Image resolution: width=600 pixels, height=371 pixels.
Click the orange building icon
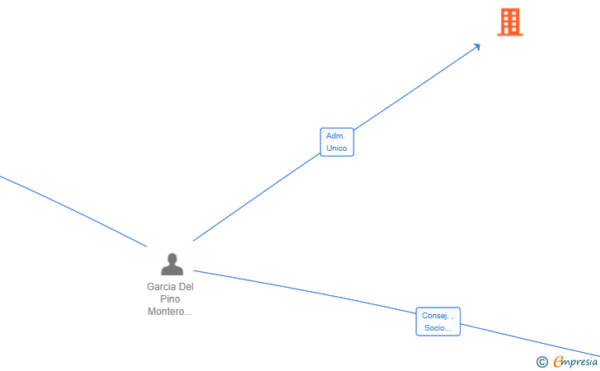pyautogui.click(x=510, y=22)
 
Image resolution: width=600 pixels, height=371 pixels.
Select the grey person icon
pyautogui.click(x=172, y=265)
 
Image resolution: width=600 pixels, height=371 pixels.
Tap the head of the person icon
pyautogui.click(x=172, y=258)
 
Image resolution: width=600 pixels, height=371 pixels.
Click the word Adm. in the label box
pyautogui.click(x=335, y=135)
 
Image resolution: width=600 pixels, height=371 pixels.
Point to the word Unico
pyautogui.click(x=336, y=148)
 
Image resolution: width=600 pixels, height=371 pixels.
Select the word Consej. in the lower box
pyautogui.click(x=437, y=315)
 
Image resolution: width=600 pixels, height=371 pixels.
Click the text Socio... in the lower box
pyautogui.click(x=438, y=328)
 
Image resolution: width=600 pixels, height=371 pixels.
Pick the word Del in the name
pyautogui.click(x=186, y=287)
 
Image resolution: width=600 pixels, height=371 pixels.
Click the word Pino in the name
pyautogui.click(x=170, y=299)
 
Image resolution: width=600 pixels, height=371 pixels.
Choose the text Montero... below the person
pyautogui.click(x=170, y=312)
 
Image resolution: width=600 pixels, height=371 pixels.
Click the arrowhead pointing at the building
pyautogui.click(x=476, y=47)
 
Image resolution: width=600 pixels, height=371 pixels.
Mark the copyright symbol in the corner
pyautogui.click(x=541, y=361)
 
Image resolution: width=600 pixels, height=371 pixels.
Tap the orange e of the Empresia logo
pyautogui.click(x=558, y=361)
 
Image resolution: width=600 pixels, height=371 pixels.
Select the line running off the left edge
pyautogui.click(x=74, y=211)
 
